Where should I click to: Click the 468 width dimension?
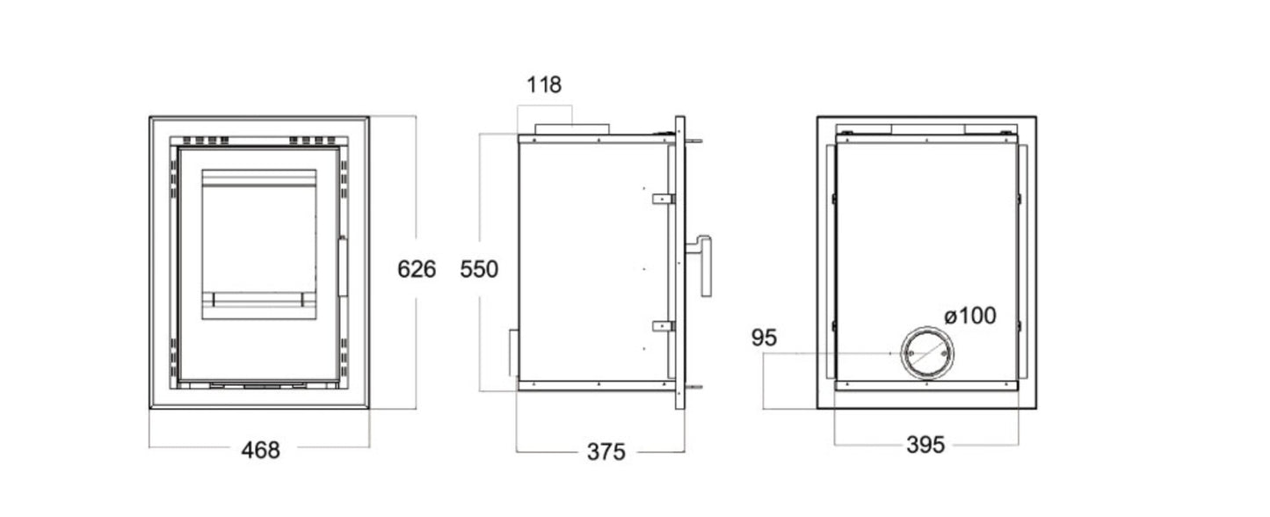(261, 450)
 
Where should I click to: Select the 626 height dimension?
(417, 269)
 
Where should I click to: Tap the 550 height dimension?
(479, 269)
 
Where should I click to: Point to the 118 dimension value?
(544, 85)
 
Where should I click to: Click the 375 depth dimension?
(606, 452)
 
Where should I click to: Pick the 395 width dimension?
(925, 445)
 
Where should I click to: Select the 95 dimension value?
(764, 338)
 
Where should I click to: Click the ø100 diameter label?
(970, 316)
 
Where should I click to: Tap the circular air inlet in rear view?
(927, 353)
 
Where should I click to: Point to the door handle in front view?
(343, 267)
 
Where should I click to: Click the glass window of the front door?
(259, 244)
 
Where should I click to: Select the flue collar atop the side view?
(571, 130)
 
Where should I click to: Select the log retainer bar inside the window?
(259, 299)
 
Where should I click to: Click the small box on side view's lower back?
(513, 353)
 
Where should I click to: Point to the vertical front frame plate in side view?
(679, 263)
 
